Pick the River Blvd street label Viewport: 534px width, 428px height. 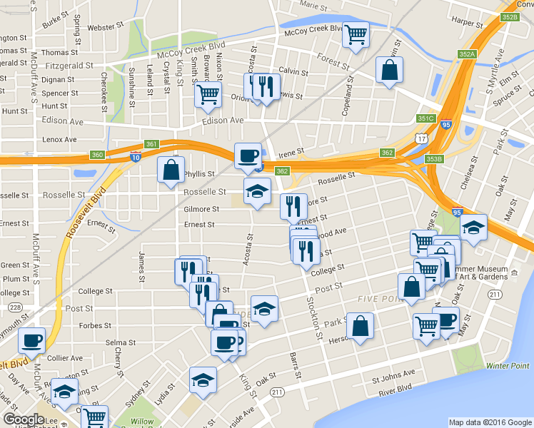click(396, 387)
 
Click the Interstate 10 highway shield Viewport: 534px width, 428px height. click(135, 157)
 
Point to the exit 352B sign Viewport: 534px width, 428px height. click(509, 16)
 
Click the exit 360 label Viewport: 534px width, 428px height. click(98, 154)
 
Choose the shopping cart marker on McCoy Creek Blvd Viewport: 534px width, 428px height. click(356, 34)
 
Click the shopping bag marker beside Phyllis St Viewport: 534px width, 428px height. click(171, 170)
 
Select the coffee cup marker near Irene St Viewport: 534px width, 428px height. click(248, 155)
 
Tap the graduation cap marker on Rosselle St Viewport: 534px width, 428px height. click(258, 190)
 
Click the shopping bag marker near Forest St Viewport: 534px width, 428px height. click(390, 70)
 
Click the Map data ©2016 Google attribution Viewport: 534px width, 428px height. click(490, 422)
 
